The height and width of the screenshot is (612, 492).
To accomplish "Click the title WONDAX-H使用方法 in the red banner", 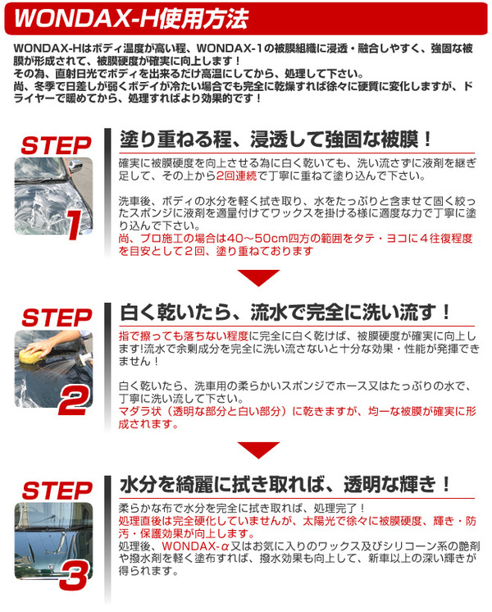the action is point(131,18).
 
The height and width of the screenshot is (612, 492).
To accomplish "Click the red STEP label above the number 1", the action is point(57,146).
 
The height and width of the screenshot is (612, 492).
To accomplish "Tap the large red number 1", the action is point(75,225).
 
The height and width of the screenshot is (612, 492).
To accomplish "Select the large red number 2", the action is point(75,401).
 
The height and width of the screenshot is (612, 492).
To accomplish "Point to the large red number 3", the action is point(74,576).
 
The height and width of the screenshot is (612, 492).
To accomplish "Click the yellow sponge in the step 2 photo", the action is point(31,355).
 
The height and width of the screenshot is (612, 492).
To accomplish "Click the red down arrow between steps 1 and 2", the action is point(258,278).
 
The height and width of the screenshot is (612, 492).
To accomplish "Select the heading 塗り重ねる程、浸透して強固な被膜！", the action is point(276,139).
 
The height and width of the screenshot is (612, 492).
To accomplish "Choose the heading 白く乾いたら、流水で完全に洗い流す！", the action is point(285,313).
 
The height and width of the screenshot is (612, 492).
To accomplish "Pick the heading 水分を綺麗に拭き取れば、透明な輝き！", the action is point(285,485).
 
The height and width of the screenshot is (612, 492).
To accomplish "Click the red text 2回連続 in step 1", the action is point(237,176).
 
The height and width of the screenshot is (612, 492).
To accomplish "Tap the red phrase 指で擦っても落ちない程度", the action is point(184,336).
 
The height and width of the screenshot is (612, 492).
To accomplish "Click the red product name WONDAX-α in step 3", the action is point(195,546).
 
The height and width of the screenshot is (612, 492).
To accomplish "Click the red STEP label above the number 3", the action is point(57,491).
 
